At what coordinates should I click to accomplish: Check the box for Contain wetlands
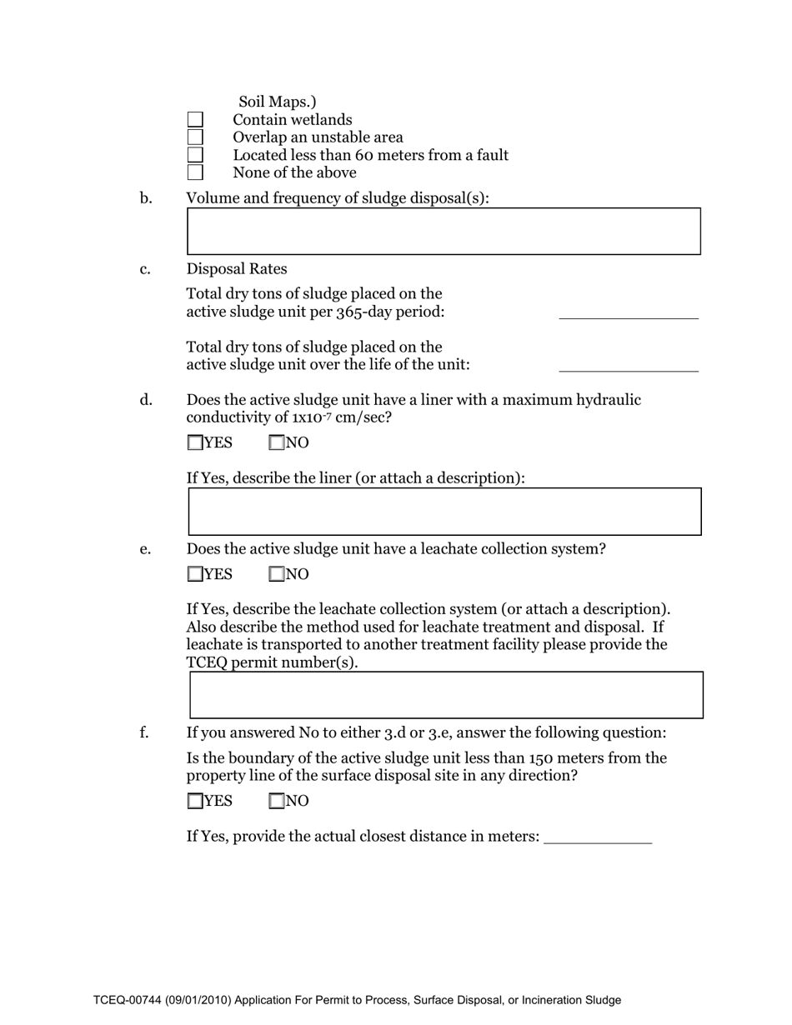[x=195, y=121]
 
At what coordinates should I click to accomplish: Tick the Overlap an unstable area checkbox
[x=195, y=137]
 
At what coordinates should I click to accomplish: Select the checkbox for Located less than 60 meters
[x=195, y=155]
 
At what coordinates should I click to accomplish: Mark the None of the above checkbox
[x=195, y=172]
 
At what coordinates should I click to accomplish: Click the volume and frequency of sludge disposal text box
[x=444, y=231]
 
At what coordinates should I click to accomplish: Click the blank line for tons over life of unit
[x=628, y=363]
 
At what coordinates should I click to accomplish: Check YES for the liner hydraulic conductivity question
[x=195, y=443]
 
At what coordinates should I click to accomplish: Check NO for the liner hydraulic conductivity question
[x=277, y=443]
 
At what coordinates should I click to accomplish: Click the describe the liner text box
[x=444, y=512]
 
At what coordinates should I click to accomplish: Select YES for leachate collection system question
[x=195, y=574]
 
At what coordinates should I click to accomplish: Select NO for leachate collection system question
[x=277, y=574]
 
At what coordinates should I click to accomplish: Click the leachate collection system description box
[x=446, y=695]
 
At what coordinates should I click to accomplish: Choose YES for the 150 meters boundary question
[x=195, y=802]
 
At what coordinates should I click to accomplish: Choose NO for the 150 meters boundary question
[x=277, y=802]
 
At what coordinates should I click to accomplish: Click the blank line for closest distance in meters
[x=597, y=837]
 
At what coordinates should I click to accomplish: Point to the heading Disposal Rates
[x=237, y=269]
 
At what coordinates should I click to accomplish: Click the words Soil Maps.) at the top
[x=278, y=102]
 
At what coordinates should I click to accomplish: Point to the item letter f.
[x=144, y=733]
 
